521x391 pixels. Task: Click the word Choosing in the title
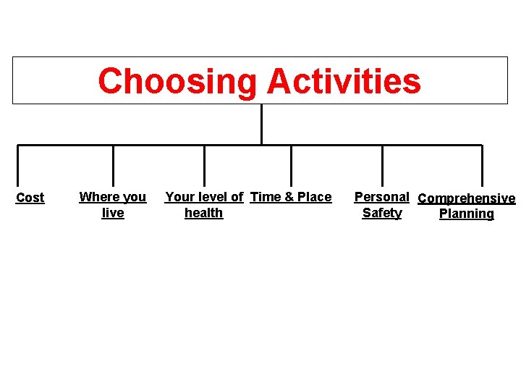(x=177, y=81)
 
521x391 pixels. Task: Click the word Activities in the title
(x=344, y=81)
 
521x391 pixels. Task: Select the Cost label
(x=30, y=198)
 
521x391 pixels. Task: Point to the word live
(x=113, y=213)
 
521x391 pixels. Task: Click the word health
(x=203, y=213)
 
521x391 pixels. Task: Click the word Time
(x=266, y=197)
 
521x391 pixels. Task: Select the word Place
(x=314, y=197)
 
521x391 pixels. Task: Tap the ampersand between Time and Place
(x=289, y=197)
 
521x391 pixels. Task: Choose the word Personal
(x=381, y=197)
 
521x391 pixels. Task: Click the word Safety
(x=381, y=213)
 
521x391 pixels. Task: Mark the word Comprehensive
(x=467, y=198)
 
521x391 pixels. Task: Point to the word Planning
(x=467, y=214)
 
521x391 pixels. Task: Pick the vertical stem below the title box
(x=260, y=125)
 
